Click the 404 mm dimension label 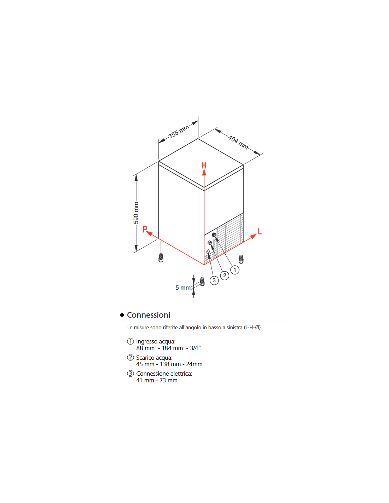pyautogui.click(x=238, y=142)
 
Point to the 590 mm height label pyautogui.click(x=136, y=213)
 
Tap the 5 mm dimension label pyautogui.click(x=183, y=288)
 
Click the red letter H pyautogui.click(x=204, y=165)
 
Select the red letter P pyautogui.click(x=145, y=229)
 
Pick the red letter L pyautogui.click(x=260, y=231)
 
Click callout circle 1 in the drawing pyautogui.click(x=235, y=270)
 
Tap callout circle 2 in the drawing pyautogui.click(x=225, y=276)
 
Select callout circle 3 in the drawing pyautogui.click(x=214, y=281)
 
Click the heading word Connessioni pyautogui.click(x=149, y=315)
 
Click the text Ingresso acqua pyautogui.click(x=156, y=342)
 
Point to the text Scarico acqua pyautogui.click(x=154, y=358)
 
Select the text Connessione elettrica pyautogui.click(x=164, y=374)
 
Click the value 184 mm pyautogui.click(x=173, y=348)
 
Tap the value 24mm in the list pyautogui.click(x=194, y=364)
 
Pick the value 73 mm pyautogui.click(x=168, y=380)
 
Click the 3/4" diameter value pyautogui.click(x=195, y=348)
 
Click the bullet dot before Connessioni pyautogui.click(x=122, y=315)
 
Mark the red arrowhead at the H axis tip pyautogui.click(x=204, y=173)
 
